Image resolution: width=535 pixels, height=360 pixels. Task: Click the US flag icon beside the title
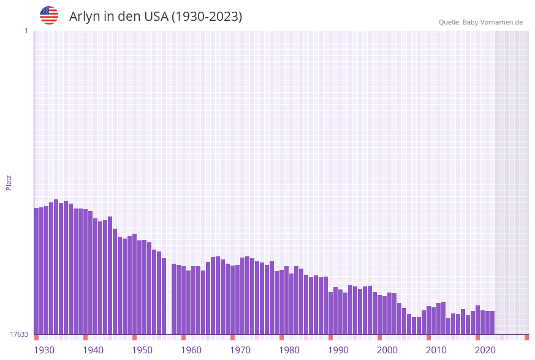pos(49,15)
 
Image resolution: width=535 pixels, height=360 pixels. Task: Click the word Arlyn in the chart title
pos(83,17)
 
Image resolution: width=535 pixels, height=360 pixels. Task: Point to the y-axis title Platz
pos(9,182)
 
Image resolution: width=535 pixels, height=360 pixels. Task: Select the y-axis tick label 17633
pos(19,334)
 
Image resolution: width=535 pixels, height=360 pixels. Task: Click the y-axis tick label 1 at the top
pos(26,31)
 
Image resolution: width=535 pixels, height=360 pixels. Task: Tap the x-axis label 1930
pos(44,350)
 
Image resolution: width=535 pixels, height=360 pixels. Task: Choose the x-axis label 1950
pos(142,350)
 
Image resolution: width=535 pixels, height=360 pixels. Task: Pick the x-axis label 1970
pos(240,350)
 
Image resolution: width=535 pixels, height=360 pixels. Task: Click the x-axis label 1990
pos(338,350)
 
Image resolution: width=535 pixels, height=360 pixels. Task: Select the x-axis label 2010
pos(436,350)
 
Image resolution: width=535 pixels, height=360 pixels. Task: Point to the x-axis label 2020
pos(485,350)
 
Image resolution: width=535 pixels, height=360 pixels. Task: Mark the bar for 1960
pos(184,300)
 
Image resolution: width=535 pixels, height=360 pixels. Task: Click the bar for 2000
pos(380,315)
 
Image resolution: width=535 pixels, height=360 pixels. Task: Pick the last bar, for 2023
pos(492,323)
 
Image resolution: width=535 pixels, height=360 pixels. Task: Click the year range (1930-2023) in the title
pos(207,17)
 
